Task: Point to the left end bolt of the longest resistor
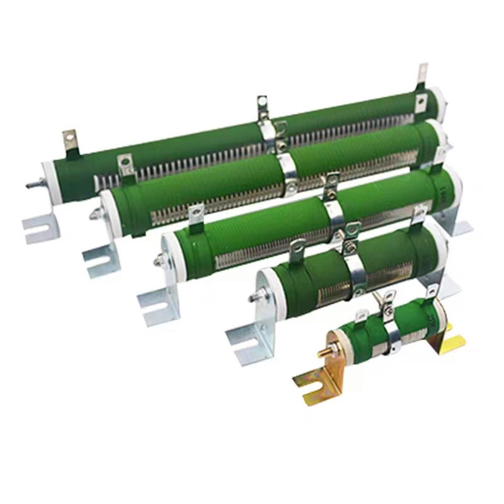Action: click(30, 185)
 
